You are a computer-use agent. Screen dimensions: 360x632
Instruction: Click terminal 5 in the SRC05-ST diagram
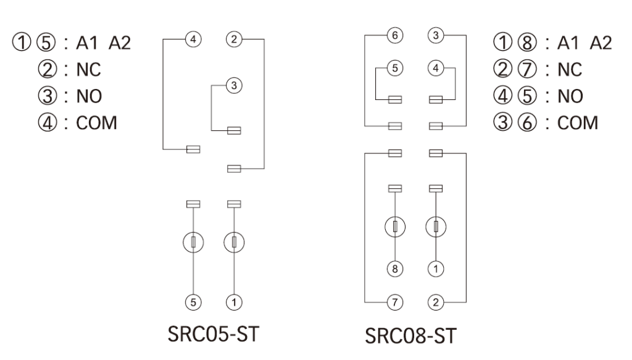tap(193, 302)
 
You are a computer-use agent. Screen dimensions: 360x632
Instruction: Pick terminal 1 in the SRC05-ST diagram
tap(234, 302)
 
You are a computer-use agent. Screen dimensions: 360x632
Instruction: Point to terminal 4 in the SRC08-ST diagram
tap(436, 69)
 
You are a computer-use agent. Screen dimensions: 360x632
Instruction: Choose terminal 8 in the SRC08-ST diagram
tap(396, 269)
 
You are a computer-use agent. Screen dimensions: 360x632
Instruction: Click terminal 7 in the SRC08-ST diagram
tap(396, 302)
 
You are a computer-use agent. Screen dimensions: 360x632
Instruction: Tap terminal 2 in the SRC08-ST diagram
tap(436, 302)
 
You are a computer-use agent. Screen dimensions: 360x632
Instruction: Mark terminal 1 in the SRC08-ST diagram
tap(436, 269)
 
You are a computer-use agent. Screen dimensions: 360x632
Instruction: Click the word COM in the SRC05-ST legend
tap(96, 122)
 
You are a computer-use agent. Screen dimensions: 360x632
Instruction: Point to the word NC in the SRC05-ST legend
tap(89, 70)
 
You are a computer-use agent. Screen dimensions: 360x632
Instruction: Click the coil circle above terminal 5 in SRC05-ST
tap(193, 241)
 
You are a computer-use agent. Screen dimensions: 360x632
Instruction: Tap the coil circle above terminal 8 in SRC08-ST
tap(396, 227)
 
